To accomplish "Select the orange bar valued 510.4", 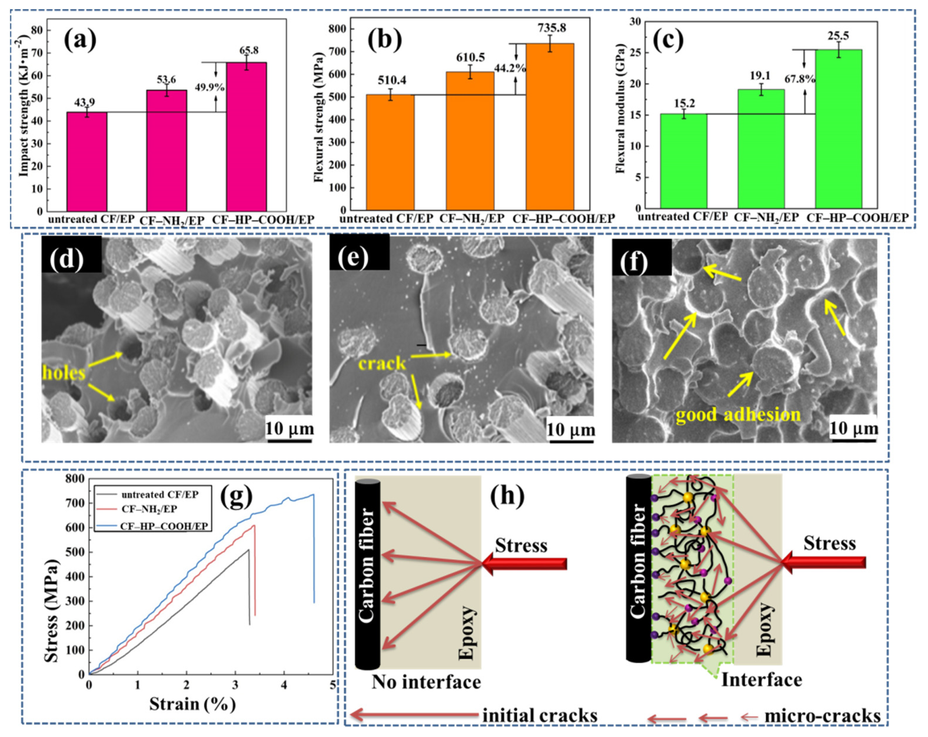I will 390,152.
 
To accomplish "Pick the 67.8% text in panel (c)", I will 799,79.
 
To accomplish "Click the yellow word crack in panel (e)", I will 382,364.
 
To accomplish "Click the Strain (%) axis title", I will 192,704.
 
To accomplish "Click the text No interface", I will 426,682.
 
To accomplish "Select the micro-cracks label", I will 822,716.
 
